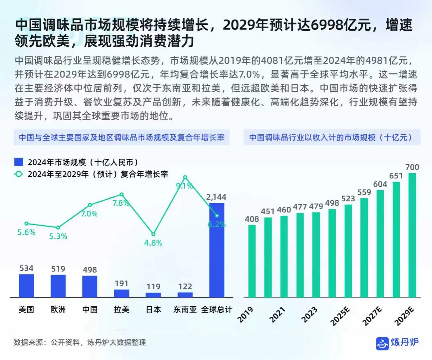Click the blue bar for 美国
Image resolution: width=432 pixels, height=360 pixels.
point(26,286)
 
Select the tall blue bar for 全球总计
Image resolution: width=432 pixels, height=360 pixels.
point(216,250)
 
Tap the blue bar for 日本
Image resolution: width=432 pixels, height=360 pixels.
point(153,295)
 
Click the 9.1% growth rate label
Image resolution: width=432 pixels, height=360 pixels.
point(184,186)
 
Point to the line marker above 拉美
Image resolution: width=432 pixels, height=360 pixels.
point(122,195)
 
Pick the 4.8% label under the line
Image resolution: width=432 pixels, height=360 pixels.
point(153,243)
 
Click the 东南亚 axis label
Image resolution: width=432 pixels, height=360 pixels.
point(185,309)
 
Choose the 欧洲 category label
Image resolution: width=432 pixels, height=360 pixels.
point(58,309)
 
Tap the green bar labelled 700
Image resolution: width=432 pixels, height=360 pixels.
point(412,235)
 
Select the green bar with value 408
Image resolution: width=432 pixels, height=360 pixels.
point(252,261)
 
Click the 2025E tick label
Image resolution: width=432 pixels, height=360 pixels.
point(340,316)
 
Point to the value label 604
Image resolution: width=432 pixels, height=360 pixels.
point(380,184)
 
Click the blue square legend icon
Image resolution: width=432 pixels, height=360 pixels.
point(19,162)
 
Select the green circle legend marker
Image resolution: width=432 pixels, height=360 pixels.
point(19,174)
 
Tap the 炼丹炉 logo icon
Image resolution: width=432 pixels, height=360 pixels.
point(382,343)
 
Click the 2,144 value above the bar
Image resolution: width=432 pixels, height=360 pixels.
point(216,197)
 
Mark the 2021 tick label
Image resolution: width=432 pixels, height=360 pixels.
point(277,315)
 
